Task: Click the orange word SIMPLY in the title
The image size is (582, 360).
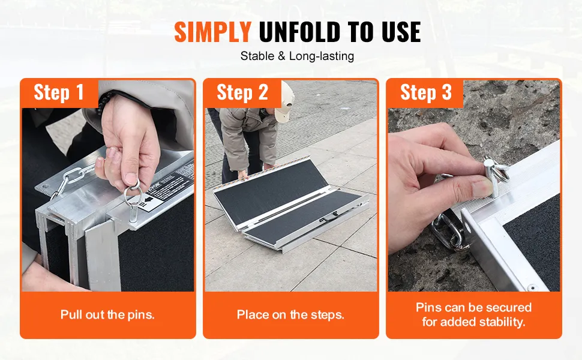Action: [212, 32]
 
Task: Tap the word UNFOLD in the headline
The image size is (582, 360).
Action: [299, 32]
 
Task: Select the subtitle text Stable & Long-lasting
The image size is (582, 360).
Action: [297, 56]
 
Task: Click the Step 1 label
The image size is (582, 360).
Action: [59, 92]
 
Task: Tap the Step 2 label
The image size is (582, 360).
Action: [242, 92]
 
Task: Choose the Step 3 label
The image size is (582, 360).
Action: [426, 92]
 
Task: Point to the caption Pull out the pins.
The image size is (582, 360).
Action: [107, 315]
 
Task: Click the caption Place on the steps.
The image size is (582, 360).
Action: [290, 315]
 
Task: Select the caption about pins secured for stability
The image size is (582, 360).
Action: [473, 314]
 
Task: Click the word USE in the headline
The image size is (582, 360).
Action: [401, 32]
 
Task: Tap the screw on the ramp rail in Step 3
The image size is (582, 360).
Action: [533, 287]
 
